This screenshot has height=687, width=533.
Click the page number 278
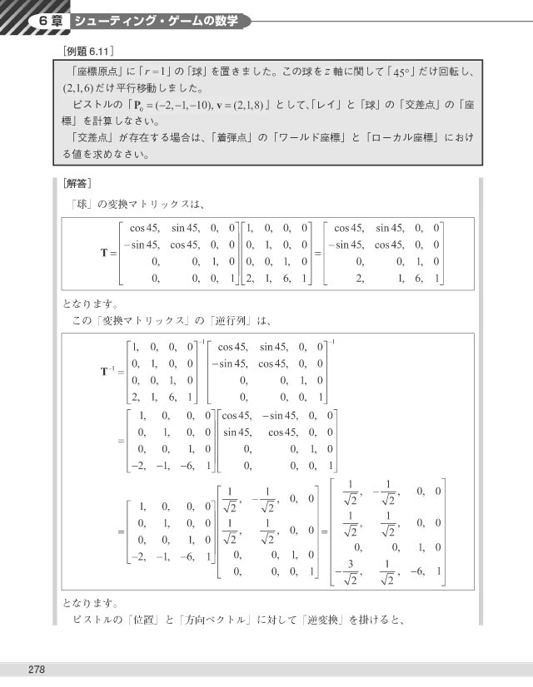[35, 670]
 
